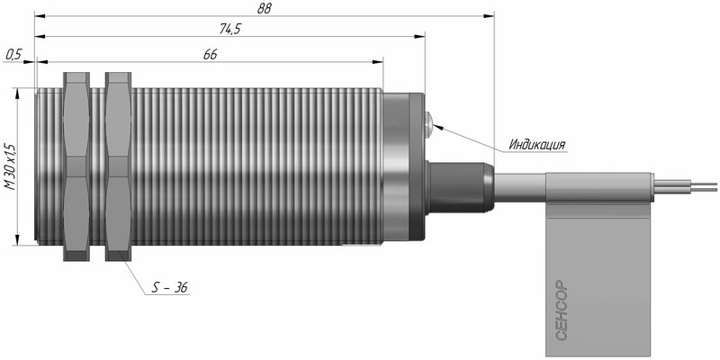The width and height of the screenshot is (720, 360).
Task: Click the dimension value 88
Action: click(x=265, y=9)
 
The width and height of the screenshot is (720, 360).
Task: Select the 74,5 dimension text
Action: click(x=230, y=29)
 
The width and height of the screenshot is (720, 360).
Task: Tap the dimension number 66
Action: click(x=210, y=55)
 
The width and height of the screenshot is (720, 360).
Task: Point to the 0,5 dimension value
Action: click(x=13, y=55)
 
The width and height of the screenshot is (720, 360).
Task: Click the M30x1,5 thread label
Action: click(x=10, y=166)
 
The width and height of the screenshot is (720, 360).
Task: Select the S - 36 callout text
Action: click(x=170, y=288)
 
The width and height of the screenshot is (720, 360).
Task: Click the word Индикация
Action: click(x=536, y=145)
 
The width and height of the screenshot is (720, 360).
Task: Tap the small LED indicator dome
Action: click(x=429, y=123)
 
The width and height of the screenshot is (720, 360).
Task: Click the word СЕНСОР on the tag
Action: click(x=562, y=310)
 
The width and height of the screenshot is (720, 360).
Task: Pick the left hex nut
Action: click(x=76, y=166)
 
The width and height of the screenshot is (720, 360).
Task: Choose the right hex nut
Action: click(x=119, y=166)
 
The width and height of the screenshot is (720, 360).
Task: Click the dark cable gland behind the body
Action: click(x=460, y=186)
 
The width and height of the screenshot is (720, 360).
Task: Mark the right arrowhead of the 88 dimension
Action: click(x=489, y=16)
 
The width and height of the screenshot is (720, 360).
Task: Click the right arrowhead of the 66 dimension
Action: click(x=377, y=62)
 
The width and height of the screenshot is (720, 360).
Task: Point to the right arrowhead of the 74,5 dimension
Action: click(x=419, y=36)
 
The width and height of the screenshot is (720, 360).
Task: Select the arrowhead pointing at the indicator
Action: click(x=438, y=126)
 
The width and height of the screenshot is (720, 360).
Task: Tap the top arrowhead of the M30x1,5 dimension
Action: click(x=17, y=94)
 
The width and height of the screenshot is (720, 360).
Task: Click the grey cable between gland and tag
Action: click(x=520, y=187)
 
